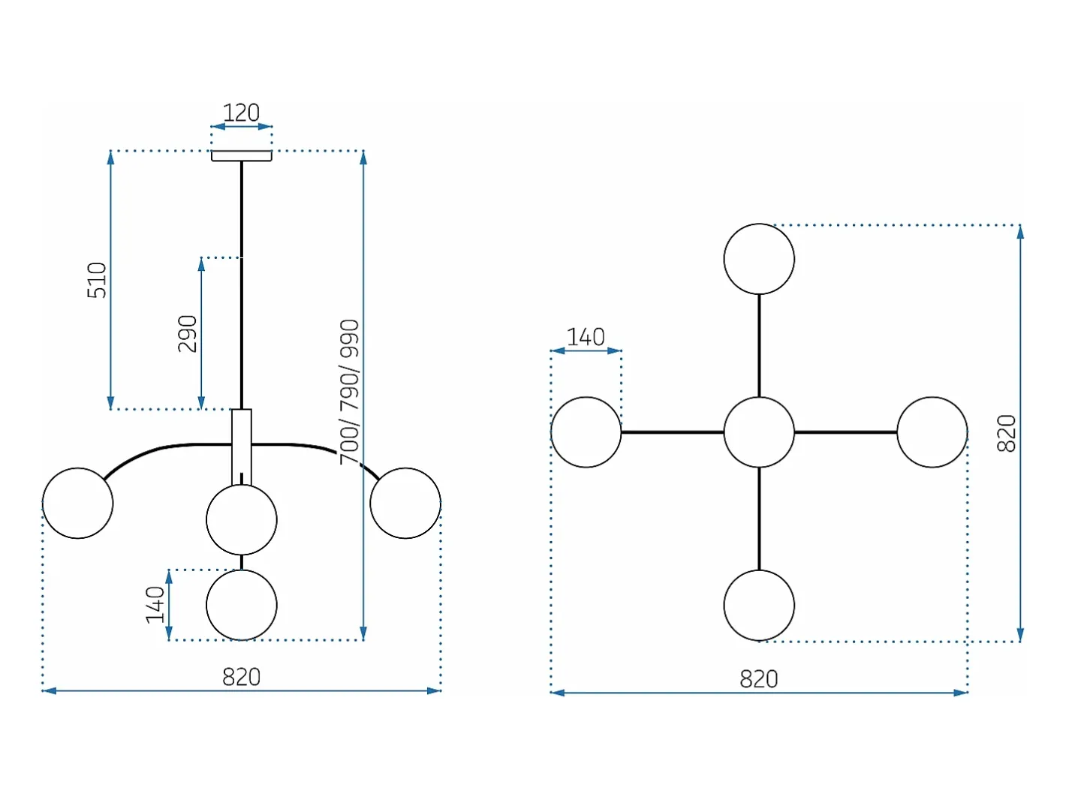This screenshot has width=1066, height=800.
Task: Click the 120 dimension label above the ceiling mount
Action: click(x=241, y=113)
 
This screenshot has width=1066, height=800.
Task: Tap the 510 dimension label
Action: click(x=97, y=280)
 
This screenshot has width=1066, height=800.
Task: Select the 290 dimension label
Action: click(x=188, y=333)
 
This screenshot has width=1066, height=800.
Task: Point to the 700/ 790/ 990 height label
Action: click(x=349, y=392)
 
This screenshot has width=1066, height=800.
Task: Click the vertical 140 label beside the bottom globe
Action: click(x=155, y=605)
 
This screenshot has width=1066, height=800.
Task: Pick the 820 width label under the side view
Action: click(x=242, y=677)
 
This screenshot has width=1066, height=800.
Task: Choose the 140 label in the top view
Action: click(x=586, y=337)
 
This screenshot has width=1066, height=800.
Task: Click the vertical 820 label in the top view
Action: click(x=1006, y=434)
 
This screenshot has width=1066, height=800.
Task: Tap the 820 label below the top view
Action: click(x=758, y=679)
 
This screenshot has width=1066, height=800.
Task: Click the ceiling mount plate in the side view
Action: click(x=242, y=156)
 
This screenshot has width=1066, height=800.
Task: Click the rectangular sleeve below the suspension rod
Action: click(x=242, y=447)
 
